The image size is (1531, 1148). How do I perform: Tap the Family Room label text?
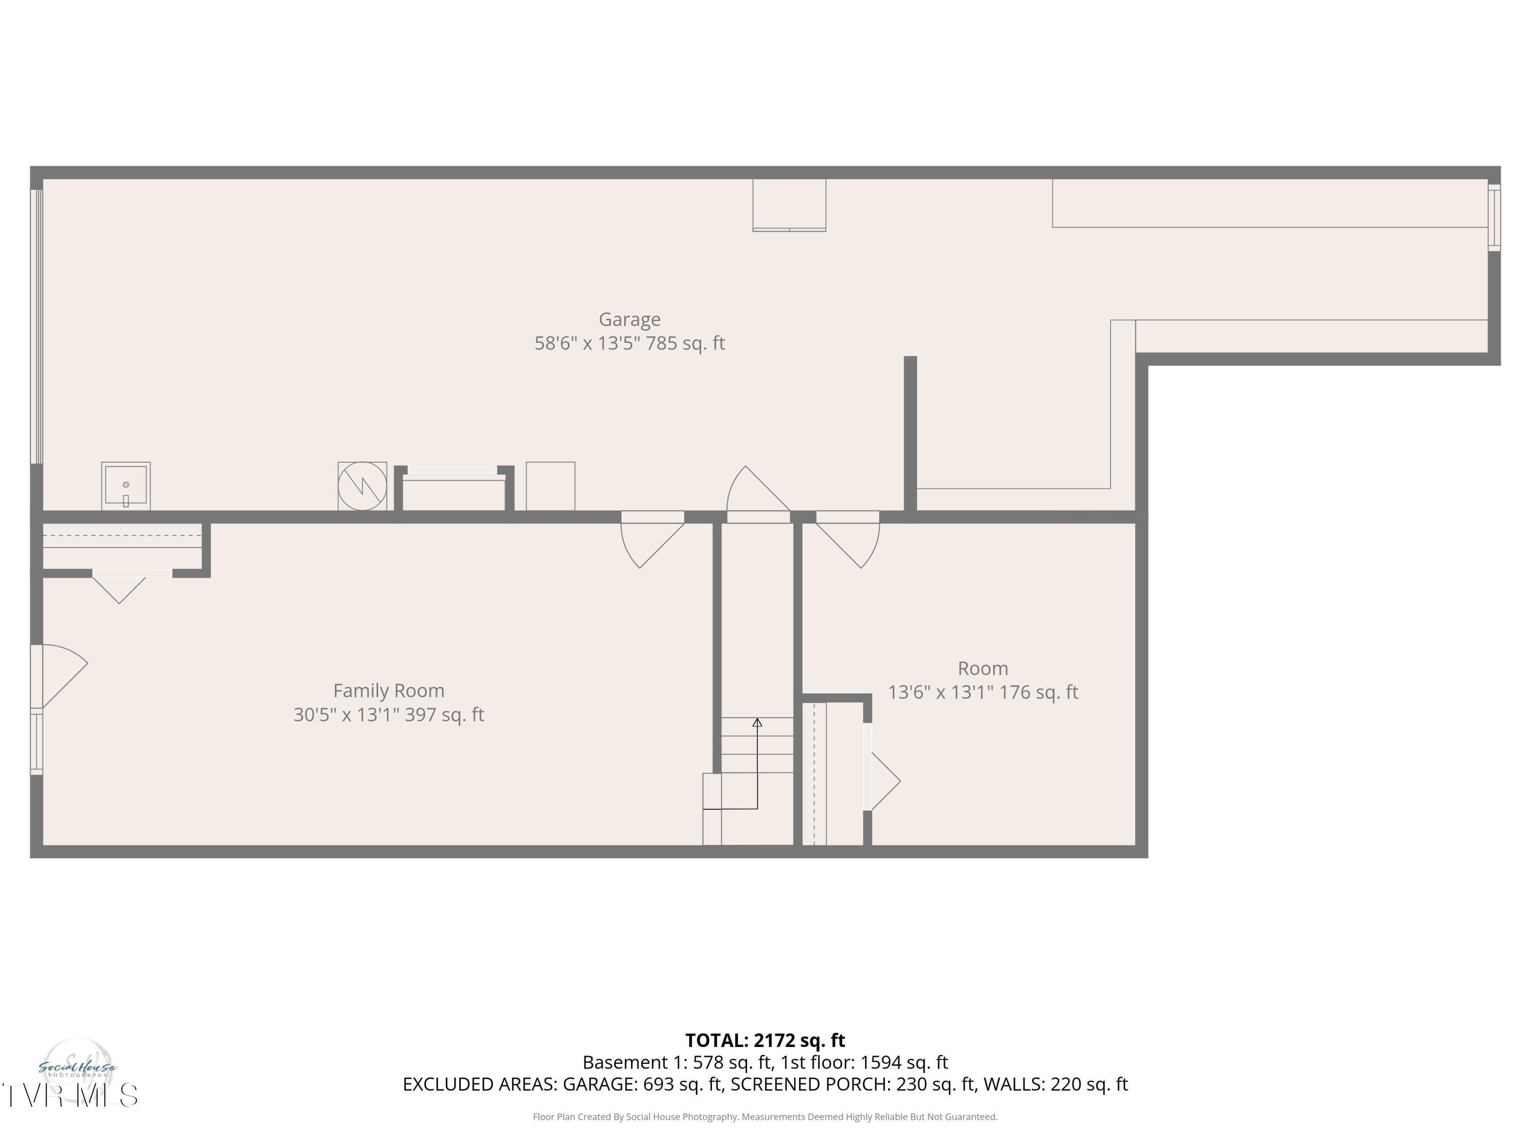(388, 691)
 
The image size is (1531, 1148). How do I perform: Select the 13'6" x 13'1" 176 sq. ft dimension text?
(983, 692)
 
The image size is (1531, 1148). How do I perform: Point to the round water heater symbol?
(362, 486)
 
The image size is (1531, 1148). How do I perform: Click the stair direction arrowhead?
(757, 722)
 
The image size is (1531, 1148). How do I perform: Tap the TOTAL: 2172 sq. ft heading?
(765, 1040)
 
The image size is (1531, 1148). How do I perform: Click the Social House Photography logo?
(77, 1068)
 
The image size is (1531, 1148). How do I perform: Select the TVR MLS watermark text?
(69, 1095)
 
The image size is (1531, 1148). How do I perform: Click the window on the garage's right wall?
(1494, 218)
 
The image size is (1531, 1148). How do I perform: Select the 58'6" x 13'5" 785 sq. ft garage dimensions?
(629, 343)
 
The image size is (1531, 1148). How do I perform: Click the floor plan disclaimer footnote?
(765, 1117)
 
